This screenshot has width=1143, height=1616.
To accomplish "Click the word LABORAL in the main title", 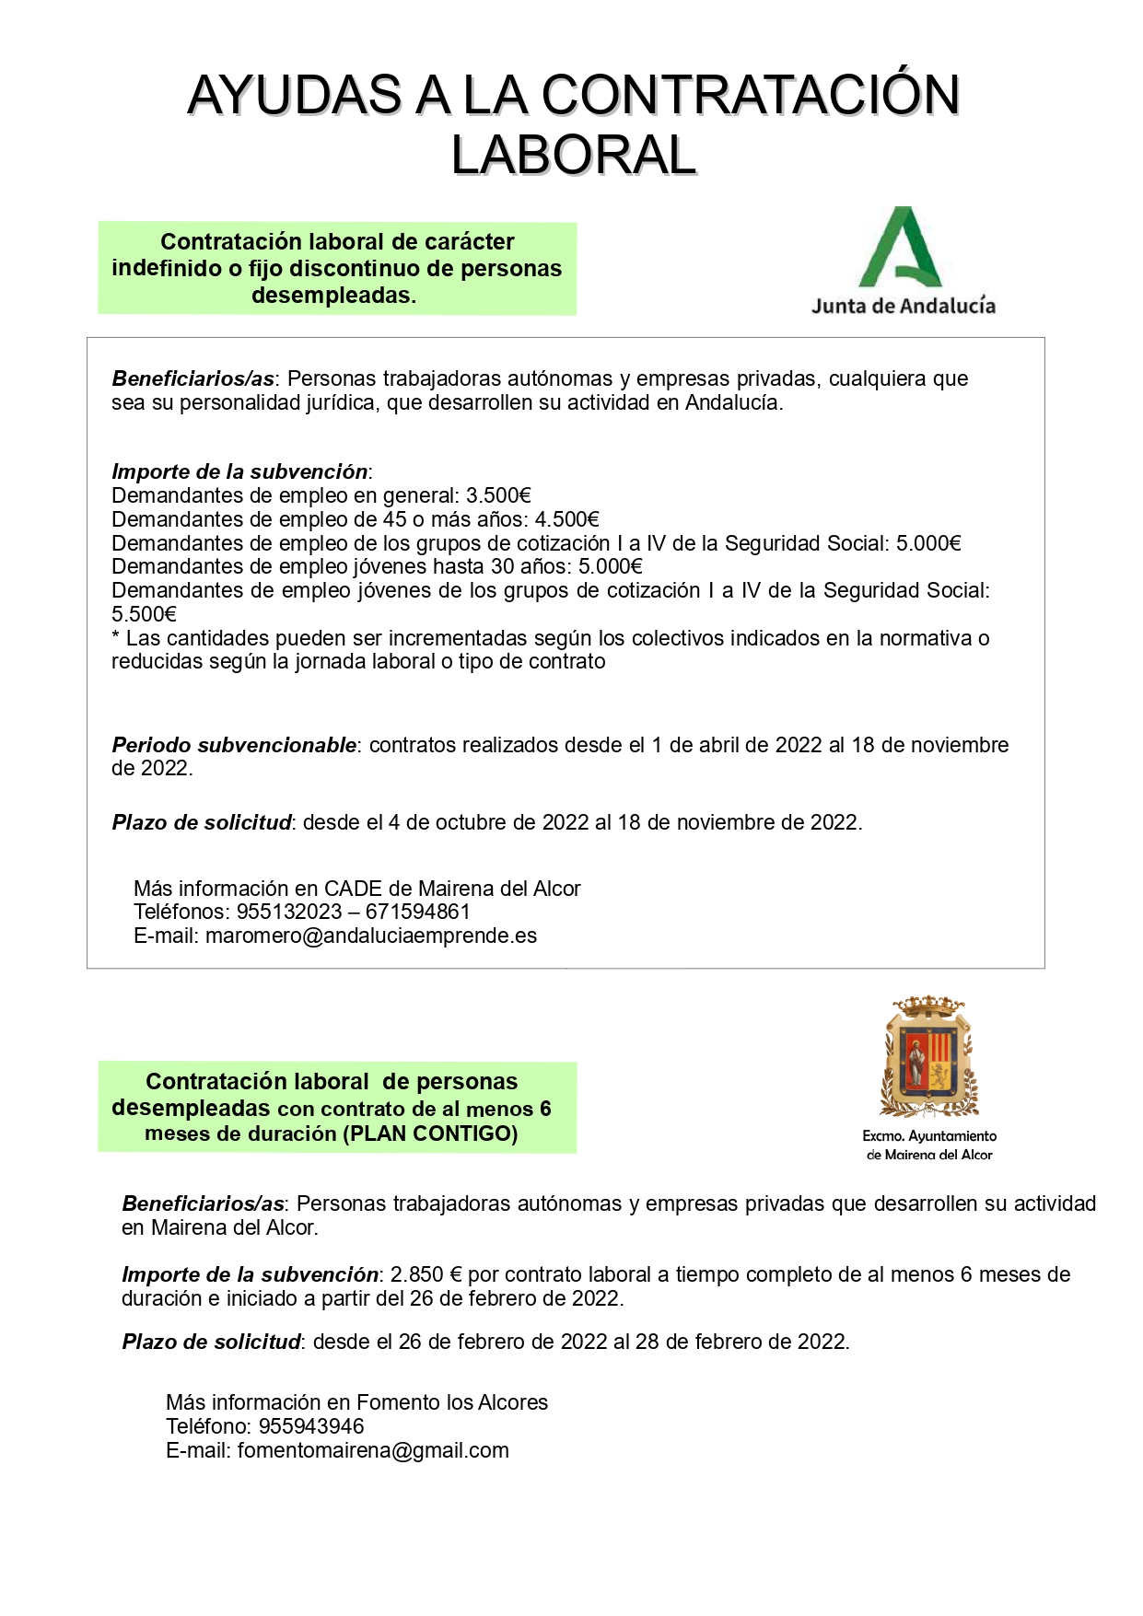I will [x=573, y=155].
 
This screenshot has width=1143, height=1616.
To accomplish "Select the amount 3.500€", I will [x=498, y=496].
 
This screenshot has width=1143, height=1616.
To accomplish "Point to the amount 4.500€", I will [x=566, y=520].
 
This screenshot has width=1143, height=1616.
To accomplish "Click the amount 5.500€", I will [x=144, y=614].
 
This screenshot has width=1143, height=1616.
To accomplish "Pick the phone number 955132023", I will [x=289, y=913].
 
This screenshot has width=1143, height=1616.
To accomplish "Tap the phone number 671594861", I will [x=418, y=913].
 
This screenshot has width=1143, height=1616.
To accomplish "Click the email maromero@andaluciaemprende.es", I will [x=371, y=936].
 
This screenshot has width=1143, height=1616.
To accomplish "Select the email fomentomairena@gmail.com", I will [x=373, y=1451].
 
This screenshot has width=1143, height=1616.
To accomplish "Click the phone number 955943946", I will [x=311, y=1427].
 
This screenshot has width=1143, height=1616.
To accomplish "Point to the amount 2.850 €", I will [x=426, y=1275].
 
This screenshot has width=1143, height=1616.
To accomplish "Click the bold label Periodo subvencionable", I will [x=234, y=745].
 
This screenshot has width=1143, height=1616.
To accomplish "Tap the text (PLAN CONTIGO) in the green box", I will [x=430, y=1134].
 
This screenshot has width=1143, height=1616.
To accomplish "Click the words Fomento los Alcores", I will [x=451, y=1403].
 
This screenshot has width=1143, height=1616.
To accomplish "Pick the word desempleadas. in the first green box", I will [x=333, y=296].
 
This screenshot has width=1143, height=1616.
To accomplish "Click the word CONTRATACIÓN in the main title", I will [x=751, y=96].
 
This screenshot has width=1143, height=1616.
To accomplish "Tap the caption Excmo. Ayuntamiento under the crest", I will [x=929, y=1136].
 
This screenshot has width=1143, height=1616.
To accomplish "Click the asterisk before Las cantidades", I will [x=116, y=637].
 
